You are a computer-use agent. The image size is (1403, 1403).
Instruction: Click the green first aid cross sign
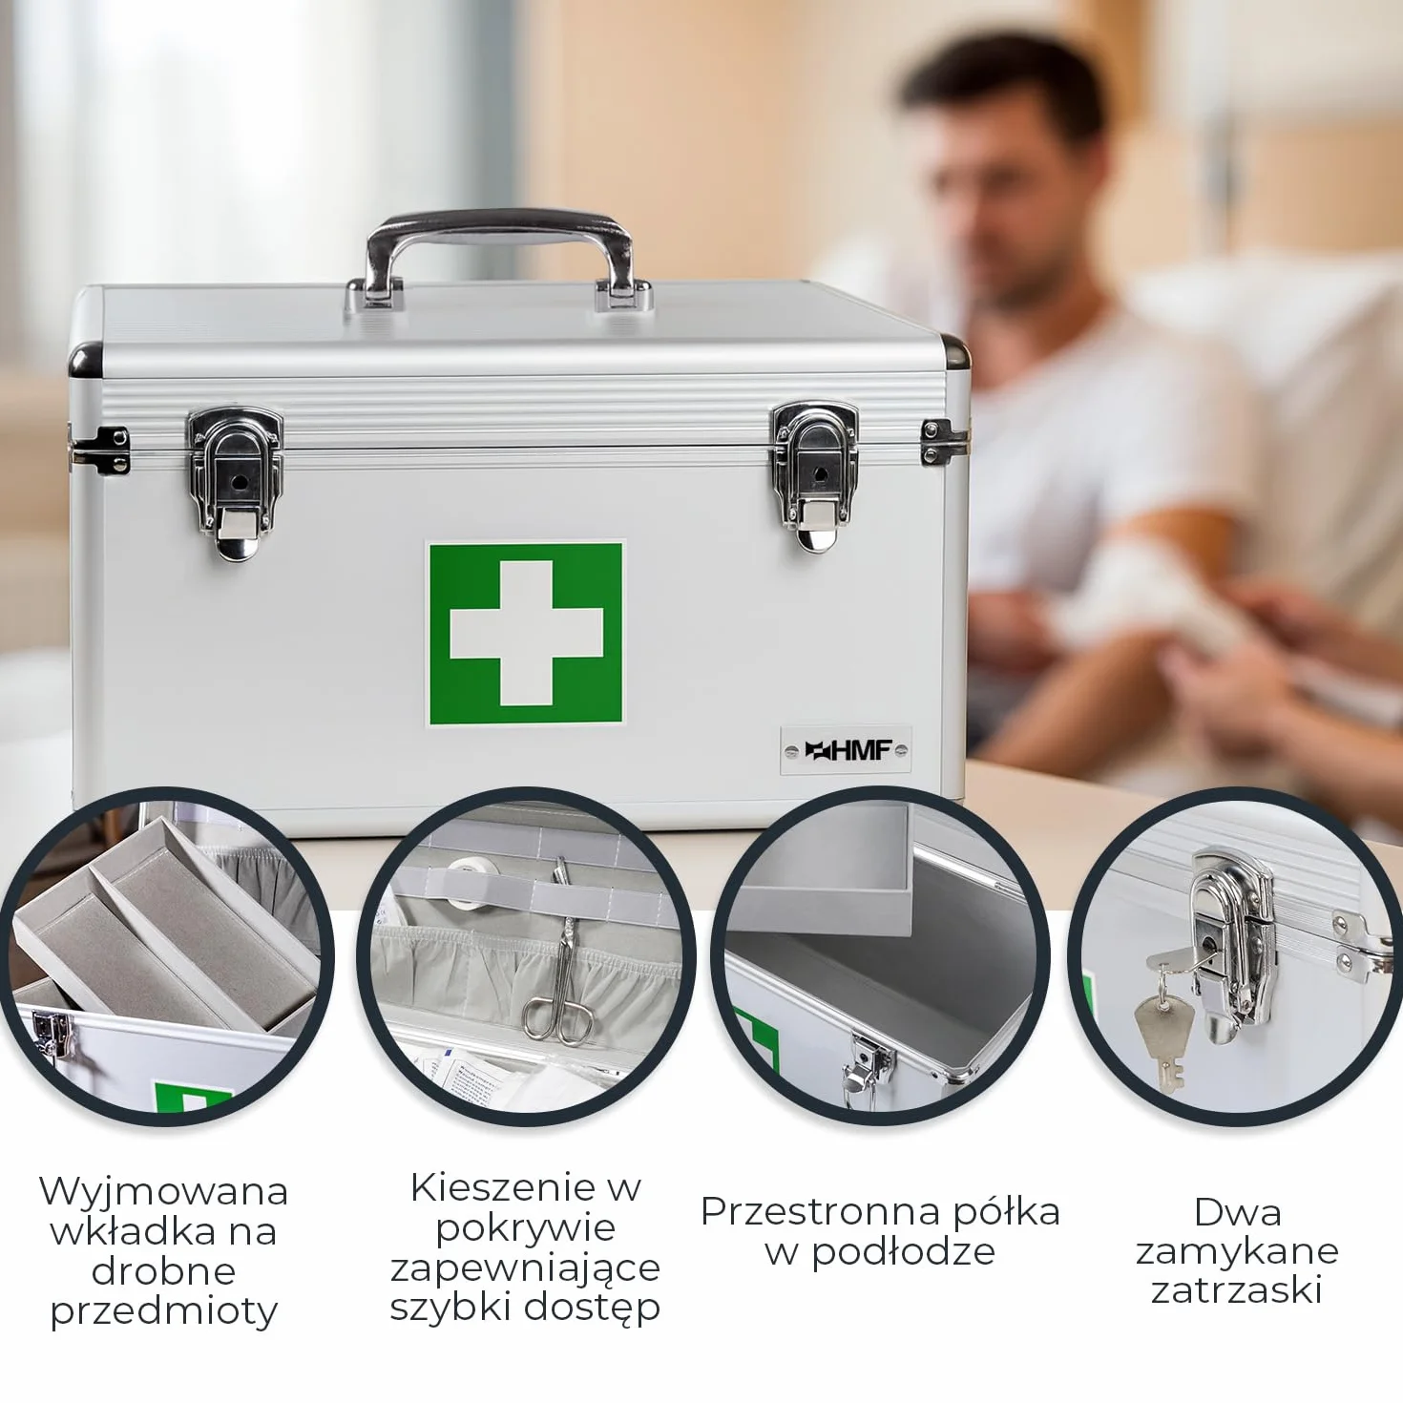click(x=525, y=634)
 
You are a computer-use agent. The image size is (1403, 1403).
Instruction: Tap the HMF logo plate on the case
click(x=846, y=750)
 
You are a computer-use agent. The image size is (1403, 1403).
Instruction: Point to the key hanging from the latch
click(x=1162, y=1028)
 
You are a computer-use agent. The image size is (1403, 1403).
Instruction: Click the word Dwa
click(x=1237, y=1213)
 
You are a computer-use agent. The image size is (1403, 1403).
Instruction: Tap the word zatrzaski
click(x=1236, y=1291)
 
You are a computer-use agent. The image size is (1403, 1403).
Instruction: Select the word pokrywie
click(x=526, y=1229)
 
